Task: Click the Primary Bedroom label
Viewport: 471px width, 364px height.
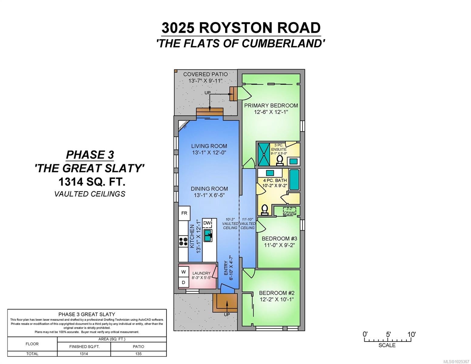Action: coord(271,106)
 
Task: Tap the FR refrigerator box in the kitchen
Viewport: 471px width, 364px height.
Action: coord(184,213)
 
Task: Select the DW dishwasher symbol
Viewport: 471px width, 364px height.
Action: coord(207,223)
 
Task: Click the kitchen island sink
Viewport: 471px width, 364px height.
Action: coord(208,235)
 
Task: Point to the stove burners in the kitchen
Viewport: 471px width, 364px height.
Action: coord(183,241)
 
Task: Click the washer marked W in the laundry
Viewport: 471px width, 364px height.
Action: coord(183,272)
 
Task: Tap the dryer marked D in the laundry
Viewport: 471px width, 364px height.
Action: coord(183,282)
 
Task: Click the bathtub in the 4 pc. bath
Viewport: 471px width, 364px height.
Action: coord(294,180)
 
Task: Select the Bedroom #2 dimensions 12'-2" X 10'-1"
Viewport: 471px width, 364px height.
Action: coord(277,299)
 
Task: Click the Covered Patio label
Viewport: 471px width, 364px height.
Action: coord(205,74)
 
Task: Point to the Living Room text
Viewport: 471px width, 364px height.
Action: coord(209,146)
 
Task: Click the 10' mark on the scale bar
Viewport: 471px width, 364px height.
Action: coord(411,334)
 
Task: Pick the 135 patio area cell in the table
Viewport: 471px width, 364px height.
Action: coord(138,354)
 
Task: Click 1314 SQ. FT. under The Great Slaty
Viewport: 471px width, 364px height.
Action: coord(92,182)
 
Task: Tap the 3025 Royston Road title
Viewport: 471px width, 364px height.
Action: coord(241,28)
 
